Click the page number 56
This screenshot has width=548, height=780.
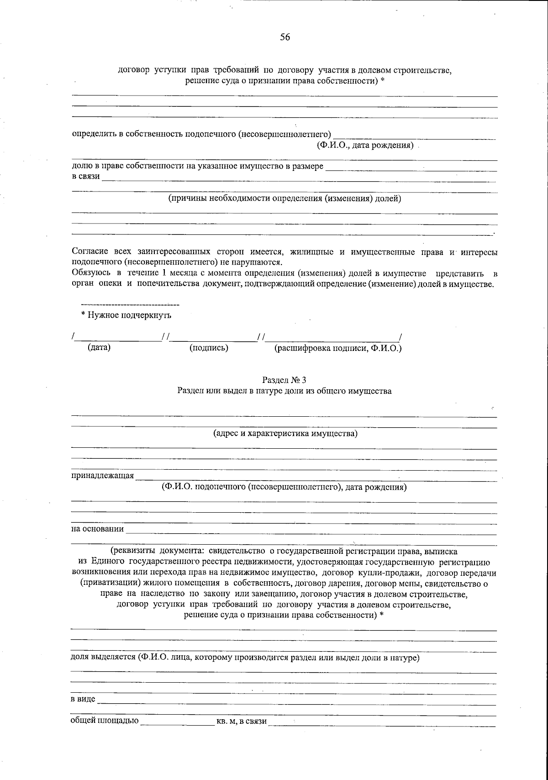pyautogui.click(x=285, y=37)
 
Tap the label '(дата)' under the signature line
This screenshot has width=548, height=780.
pyautogui.click(x=99, y=348)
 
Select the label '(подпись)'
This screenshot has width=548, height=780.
pyautogui.click(x=209, y=348)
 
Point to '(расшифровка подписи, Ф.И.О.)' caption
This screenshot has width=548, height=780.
pyautogui.click(x=337, y=349)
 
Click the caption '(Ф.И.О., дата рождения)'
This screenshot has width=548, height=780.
pyautogui.click(x=365, y=146)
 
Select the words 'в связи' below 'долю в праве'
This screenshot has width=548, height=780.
pyautogui.click(x=86, y=177)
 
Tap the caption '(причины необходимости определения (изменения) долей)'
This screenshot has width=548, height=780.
pyautogui.click(x=285, y=198)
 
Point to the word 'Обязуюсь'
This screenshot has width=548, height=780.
pyautogui.click(x=88, y=273)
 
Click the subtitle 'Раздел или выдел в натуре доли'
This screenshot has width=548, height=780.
pyautogui.click(x=284, y=391)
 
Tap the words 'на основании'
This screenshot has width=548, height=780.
pyautogui.click(x=97, y=529)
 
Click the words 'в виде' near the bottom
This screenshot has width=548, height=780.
pyautogui.click(x=83, y=700)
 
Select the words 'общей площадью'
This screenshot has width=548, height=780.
pyautogui.click(x=104, y=721)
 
